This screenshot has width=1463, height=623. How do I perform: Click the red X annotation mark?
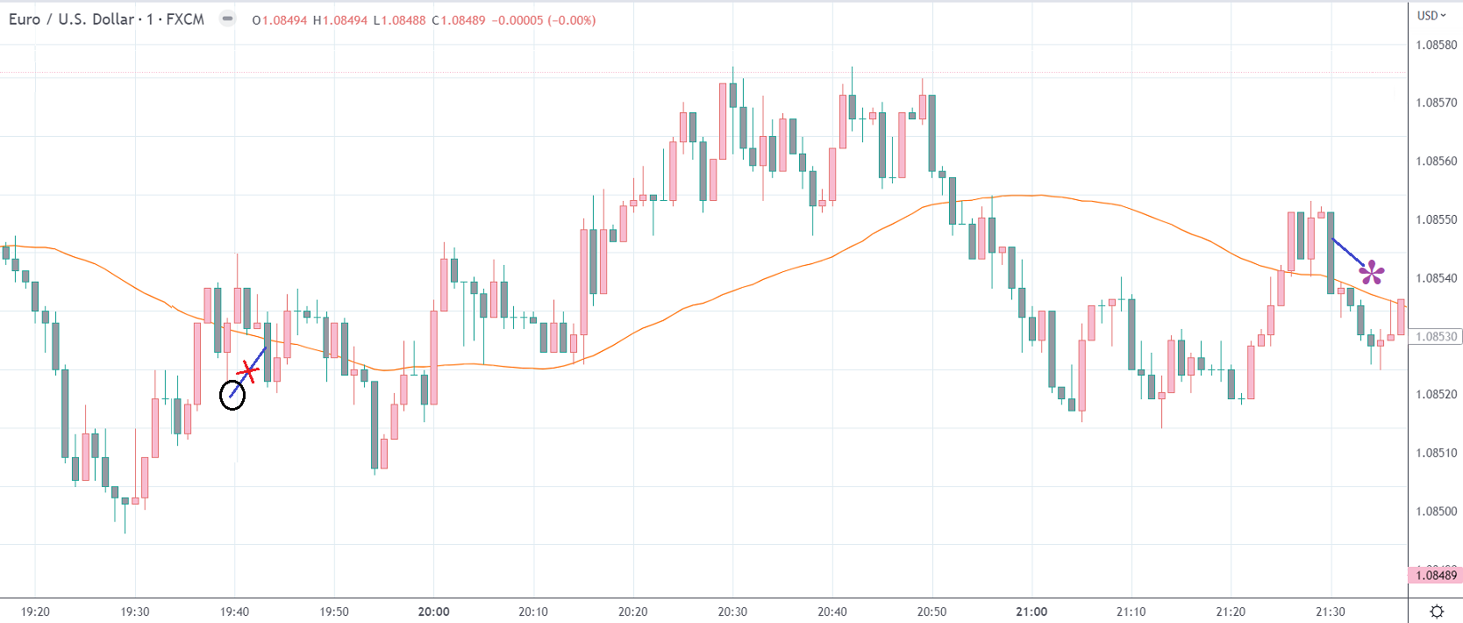click(x=249, y=372)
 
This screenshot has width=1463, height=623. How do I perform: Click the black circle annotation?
click(x=232, y=395)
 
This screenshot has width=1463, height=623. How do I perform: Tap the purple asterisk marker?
click(x=1372, y=273)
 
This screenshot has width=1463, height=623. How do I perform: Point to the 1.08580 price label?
click(x=1436, y=45)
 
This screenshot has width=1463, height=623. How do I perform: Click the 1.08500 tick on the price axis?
click(x=1436, y=511)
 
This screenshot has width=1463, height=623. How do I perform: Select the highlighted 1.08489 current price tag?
click(x=1436, y=576)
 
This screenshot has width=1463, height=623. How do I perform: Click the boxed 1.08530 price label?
click(x=1436, y=336)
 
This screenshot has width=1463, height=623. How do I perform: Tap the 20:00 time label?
click(x=433, y=612)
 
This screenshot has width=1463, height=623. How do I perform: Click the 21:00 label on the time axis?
click(x=1031, y=612)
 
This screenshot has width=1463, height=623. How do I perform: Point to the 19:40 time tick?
click(x=234, y=612)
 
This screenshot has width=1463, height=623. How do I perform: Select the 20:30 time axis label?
click(x=732, y=612)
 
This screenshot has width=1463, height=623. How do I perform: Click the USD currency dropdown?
click(x=1431, y=15)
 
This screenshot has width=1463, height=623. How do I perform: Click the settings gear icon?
click(x=1437, y=612)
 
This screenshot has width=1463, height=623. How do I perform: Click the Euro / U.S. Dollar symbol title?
click(x=71, y=19)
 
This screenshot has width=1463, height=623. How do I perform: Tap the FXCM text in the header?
click(x=185, y=19)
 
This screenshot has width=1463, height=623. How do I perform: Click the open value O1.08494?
click(x=280, y=20)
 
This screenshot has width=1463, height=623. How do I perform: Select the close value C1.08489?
click(x=459, y=20)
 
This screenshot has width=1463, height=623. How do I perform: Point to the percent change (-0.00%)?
click(x=571, y=20)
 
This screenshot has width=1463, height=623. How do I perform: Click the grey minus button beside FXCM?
click(x=227, y=18)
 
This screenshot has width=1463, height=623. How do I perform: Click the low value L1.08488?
click(x=399, y=20)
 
